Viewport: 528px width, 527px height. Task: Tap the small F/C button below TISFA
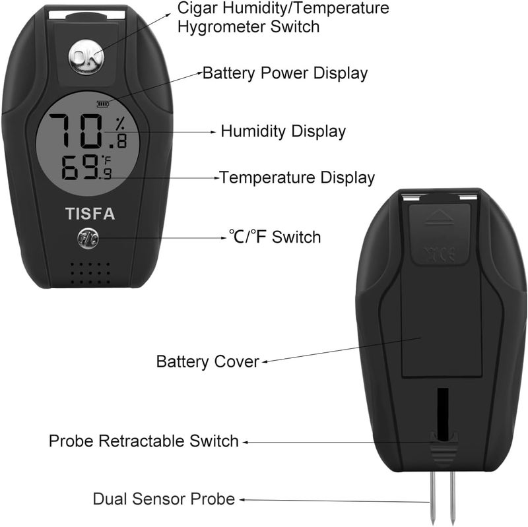click(88, 239)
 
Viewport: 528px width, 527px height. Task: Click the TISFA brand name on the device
click(90, 214)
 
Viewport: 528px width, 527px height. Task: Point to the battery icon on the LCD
click(103, 104)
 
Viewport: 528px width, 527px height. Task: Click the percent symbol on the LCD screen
click(120, 124)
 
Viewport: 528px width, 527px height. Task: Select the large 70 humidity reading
click(76, 131)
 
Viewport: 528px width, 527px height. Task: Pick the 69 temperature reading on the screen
click(80, 168)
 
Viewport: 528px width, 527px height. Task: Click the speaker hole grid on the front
click(90, 273)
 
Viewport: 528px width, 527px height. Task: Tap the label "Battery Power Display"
click(285, 73)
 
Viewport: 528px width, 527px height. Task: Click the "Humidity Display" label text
click(283, 131)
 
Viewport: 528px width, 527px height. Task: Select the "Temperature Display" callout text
click(297, 177)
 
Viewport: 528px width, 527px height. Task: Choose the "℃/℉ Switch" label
click(275, 237)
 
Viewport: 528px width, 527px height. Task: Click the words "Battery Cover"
click(208, 361)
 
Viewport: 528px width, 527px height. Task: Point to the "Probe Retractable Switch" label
click(144, 441)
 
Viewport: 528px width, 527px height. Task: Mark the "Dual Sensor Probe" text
click(164, 499)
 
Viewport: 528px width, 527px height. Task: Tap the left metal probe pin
click(433, 498)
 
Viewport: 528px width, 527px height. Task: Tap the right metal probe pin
click(452, 498)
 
